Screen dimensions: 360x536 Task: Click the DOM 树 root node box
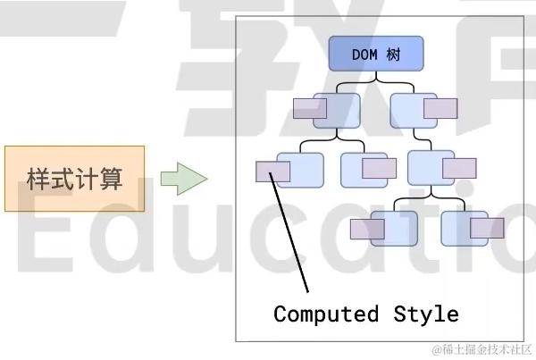pos(374,54)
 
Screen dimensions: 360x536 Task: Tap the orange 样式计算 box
pos(74,179)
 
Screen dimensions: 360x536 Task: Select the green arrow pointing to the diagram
pos(183,179)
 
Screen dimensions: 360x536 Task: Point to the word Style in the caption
pos(426,314)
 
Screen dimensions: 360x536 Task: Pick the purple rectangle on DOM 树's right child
pos(440,109)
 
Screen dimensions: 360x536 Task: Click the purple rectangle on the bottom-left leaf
pos(366,229)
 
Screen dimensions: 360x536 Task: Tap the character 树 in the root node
pos(393,54)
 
